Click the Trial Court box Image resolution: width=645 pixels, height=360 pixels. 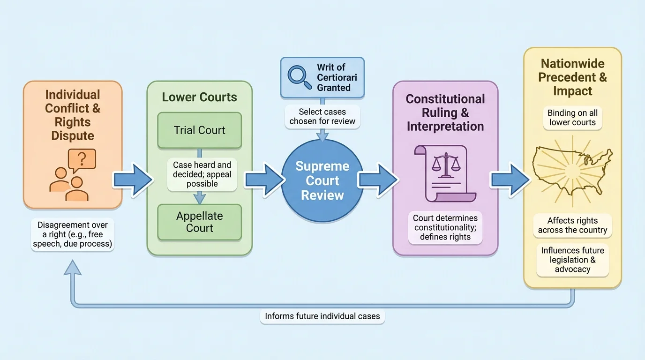[x=200, y=130]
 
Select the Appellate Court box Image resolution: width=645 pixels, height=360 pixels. [x=200, y=222]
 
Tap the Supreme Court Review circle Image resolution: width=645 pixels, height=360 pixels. [x=322, y=181]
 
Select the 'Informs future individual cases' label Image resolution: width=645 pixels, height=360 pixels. [x=322, y=316]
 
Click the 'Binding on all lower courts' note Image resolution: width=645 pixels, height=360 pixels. [x=572, y=118]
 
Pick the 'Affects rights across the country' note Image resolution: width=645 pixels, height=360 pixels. [x=572, y=225]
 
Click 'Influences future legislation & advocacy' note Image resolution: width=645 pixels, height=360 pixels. [x=572, y=260]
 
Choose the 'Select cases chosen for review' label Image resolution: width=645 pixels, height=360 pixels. [x=322, y=116]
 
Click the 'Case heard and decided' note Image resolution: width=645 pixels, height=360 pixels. [x=202, y=174]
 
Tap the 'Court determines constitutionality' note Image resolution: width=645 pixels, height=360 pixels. [x=445, y=227]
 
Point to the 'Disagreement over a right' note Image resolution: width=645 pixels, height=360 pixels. [x=73, y=235]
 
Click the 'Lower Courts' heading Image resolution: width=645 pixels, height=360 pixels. [x=200, y=97]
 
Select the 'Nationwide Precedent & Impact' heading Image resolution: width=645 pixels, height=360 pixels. [x=572, y=77]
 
